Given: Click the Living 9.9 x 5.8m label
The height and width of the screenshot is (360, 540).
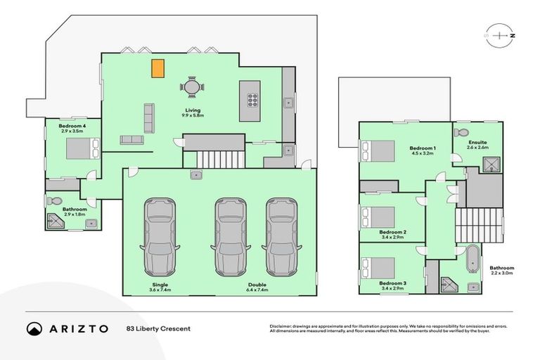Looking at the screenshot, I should (x=193, y=112).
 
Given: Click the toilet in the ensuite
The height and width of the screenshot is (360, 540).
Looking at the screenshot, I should (x=461, y=132).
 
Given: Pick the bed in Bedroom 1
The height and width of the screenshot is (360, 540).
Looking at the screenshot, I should (x=377, y=151).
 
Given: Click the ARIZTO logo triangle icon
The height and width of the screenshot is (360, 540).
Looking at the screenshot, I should (x=34, y=328).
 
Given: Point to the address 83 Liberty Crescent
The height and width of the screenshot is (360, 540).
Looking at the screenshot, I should (x=158, y=328).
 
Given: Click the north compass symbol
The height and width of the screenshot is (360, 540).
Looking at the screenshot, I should (x=500, y=34).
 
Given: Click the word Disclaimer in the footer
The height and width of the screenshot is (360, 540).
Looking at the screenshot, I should (x=281, y=326).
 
